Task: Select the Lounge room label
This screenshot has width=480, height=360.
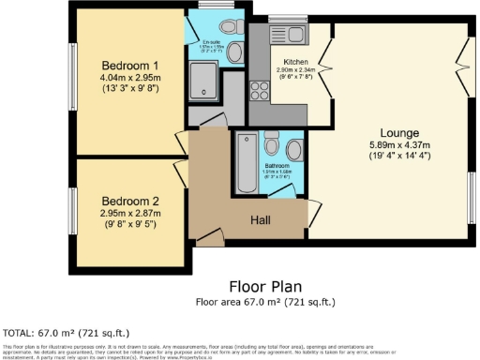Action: coord(398,132)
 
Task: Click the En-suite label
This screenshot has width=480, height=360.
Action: coord(212,42)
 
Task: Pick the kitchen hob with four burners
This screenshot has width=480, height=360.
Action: coord(260,91)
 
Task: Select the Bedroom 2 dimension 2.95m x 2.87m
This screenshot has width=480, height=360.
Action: coord(129,212)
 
